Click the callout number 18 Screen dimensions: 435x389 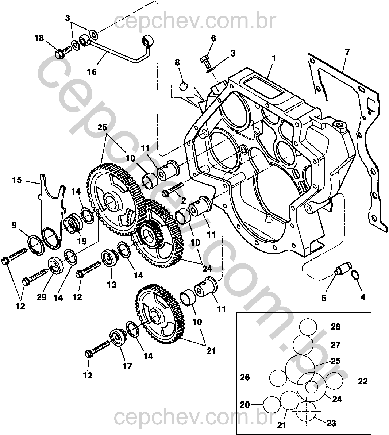39,38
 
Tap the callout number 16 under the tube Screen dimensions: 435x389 92,72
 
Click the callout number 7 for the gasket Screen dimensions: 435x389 347,52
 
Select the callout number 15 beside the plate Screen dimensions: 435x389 17,180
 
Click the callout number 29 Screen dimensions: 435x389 42,297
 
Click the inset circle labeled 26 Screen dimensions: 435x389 278,378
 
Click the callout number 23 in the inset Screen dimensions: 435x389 331,423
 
